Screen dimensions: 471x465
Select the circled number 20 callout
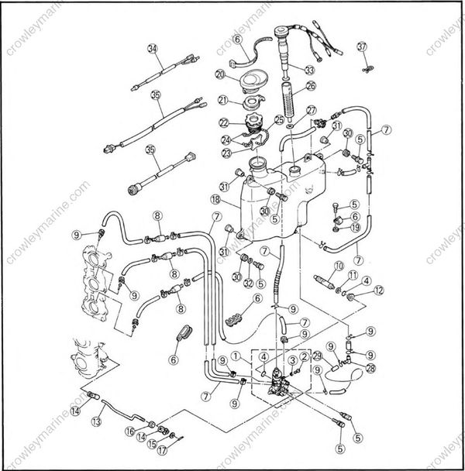coord(220,74)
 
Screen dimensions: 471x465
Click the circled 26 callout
coord(310,86)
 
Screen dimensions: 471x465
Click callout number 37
coord(361,47)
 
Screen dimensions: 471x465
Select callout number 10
coord(338,266)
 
